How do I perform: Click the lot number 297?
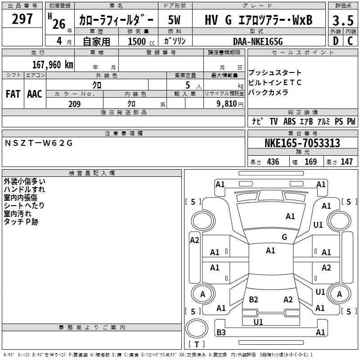point(22,19)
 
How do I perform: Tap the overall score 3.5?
point(343,20)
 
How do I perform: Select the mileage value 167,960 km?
point(53,65)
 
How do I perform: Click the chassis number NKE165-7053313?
point(302,143)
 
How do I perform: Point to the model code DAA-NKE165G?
point(258,41)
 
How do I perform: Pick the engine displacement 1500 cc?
point(141,41)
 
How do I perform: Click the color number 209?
point(74,104)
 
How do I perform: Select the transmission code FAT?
point(13,94)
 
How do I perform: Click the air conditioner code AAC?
point(35,94)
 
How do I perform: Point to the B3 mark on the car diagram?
point(221,332)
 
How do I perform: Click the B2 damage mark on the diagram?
point(253,299)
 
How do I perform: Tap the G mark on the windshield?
point(284,237)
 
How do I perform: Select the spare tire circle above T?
point(197,328)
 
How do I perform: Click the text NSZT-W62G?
point(39,143)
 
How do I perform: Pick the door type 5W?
point(174,20)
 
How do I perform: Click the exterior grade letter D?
point(336,41)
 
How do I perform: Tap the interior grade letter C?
point(350,41)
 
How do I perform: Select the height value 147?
point(346,162)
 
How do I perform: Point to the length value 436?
point(273,162)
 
